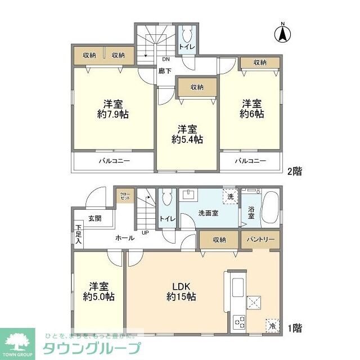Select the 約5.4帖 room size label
(x=187, y=139)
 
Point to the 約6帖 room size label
(x=251, y=114)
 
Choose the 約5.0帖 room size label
(x=98, y=296)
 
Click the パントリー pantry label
(x=260, y=239)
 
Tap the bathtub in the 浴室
(x=272, y=208)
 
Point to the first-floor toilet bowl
(x=167, y=199)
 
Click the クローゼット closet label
(x=124, y=197)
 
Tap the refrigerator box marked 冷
(x=272, y=325)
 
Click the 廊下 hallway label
(x=165, y=71)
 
